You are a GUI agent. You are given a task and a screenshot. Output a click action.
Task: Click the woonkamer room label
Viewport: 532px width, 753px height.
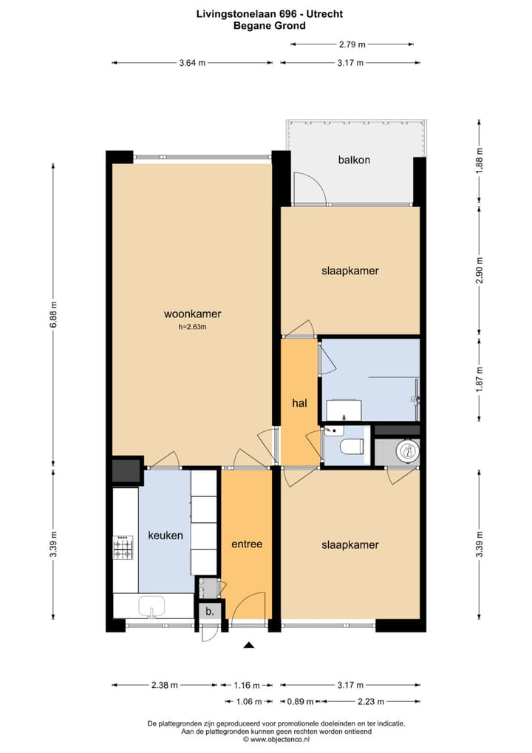[x=192, y=314]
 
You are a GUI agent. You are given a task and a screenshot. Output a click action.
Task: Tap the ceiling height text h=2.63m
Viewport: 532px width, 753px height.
[x=192, y=327]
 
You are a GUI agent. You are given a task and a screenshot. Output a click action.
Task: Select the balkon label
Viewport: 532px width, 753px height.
[x=354, y=160]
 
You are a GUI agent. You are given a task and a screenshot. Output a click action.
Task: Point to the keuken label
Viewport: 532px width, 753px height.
[x=165, y=536]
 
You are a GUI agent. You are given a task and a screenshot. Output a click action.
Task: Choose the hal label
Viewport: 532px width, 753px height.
[x=299, y=403]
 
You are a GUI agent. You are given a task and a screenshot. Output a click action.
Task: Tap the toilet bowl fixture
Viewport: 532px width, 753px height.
[x=350, y=446]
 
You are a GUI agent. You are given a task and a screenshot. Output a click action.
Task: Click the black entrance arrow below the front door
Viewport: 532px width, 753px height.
[x=249, y=646]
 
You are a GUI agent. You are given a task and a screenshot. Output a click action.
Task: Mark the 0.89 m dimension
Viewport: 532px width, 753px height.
[x=296, y=700]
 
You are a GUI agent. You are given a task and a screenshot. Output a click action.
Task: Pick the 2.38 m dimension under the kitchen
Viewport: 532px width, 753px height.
[x=165, y=685]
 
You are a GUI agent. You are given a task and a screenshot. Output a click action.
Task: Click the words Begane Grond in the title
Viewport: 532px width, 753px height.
[x=269, y=25]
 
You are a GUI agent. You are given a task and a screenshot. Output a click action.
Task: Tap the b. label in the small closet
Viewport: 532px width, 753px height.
[x=210, y=612]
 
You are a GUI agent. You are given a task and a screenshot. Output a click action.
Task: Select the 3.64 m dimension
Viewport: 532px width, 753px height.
[x=190, y=63]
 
